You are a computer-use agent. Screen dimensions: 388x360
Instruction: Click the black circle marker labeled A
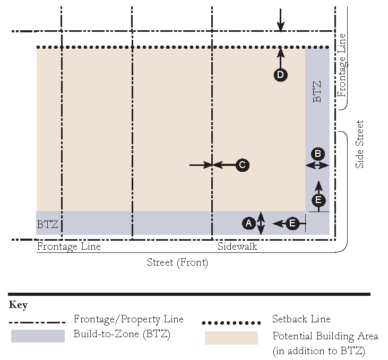(248, 224)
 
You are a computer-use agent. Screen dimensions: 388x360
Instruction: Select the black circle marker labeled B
(317, 154)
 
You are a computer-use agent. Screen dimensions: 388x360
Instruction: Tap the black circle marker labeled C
(242, 165)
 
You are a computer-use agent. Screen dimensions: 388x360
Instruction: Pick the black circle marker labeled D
(280, 75)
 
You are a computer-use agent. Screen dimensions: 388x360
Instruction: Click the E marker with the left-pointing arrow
(292, 224)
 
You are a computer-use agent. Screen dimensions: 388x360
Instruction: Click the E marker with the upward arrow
(318, 200)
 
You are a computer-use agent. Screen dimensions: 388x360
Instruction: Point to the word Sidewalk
(237, 247)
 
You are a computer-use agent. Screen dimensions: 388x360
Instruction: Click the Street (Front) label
(177, 262)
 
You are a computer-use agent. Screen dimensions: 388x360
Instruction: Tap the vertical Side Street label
(360, 144)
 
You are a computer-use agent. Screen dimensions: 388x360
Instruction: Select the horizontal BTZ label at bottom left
(47, 224)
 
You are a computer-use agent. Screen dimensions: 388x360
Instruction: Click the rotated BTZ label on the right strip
(317, 91)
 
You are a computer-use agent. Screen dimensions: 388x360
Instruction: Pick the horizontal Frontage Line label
(68, 247)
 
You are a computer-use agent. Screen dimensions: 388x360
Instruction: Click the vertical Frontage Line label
(342, 65)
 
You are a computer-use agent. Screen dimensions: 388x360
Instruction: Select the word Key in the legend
(19, 305)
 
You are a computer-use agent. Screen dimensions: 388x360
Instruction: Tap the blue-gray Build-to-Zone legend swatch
(38, 336)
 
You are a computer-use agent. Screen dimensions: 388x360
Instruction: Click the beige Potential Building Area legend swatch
(231, 338)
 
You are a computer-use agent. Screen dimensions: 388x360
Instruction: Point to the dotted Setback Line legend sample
(231, 322)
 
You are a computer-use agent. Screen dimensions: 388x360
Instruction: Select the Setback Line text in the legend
(301, 319)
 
